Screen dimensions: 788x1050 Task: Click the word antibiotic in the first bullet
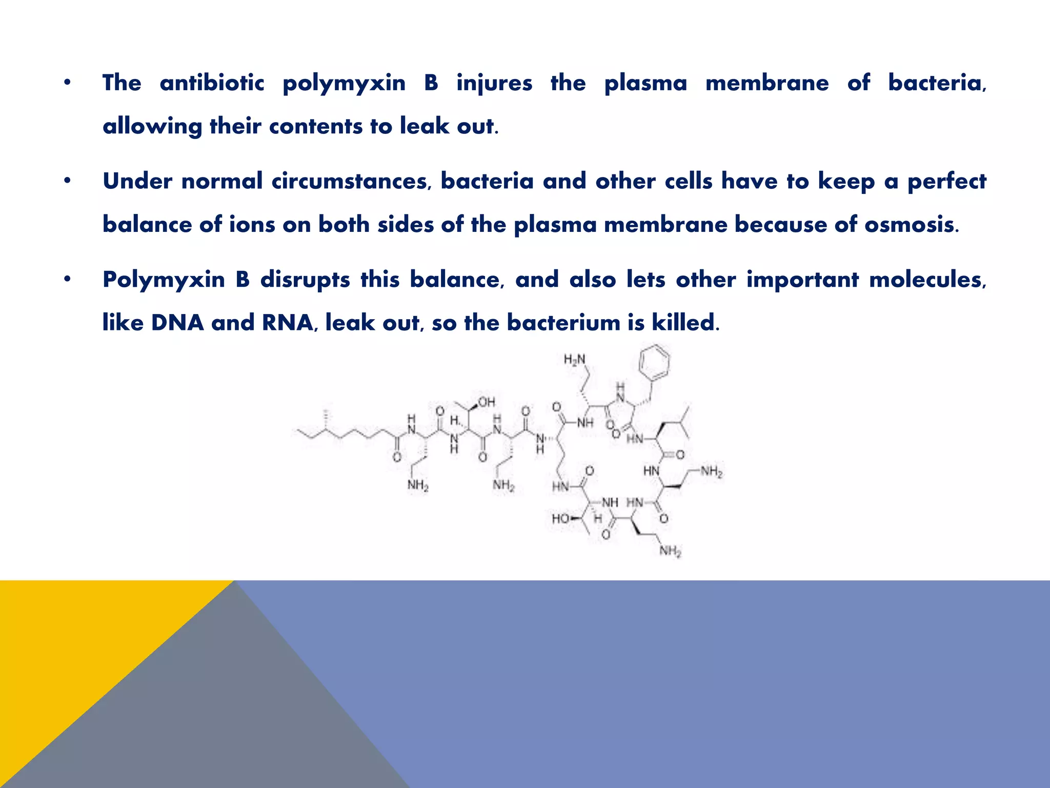(212, 83)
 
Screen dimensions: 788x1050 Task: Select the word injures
(494, 83)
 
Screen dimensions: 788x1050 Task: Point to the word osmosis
(910, 225)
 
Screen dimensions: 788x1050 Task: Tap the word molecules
(927, 280)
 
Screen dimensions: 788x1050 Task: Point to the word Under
(137, 181)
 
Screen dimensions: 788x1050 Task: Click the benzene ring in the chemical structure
(654, 363)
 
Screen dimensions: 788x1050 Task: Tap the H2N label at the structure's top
(574, 360)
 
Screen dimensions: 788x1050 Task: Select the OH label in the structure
(486, 402)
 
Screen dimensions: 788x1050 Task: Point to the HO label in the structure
(561, 519)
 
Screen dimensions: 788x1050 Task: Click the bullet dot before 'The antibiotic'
(67, 83)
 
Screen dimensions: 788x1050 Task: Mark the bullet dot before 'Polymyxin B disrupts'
(67, 280)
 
